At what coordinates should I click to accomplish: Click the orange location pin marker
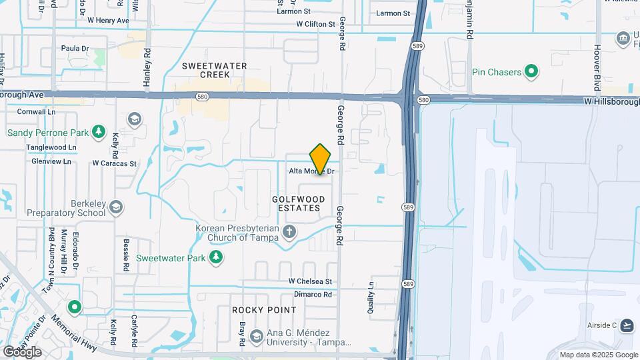click(321, 159)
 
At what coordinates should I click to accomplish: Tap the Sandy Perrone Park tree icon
click(99, 132)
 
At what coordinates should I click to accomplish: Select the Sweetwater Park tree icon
click(215, 257)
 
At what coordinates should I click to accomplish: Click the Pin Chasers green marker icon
click(531, 71)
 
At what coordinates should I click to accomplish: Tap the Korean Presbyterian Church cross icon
click(289, 232)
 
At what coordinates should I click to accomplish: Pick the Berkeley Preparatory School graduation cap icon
click(117, 207)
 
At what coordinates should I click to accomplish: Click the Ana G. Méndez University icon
click(256, 337)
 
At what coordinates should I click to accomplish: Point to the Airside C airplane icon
click(626, 325)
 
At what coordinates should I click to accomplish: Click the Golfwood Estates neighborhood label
click(299, 204)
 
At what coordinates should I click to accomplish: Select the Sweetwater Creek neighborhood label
click(215, 70)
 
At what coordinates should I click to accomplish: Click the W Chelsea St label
click(310, 282)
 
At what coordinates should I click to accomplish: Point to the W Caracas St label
click(114, 163)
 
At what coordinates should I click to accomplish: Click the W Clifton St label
click(316, 24)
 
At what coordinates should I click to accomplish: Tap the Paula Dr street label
click(75, 48)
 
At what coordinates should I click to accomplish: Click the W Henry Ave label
click(108, 21)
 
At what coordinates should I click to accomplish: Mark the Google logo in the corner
click(22, 351)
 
